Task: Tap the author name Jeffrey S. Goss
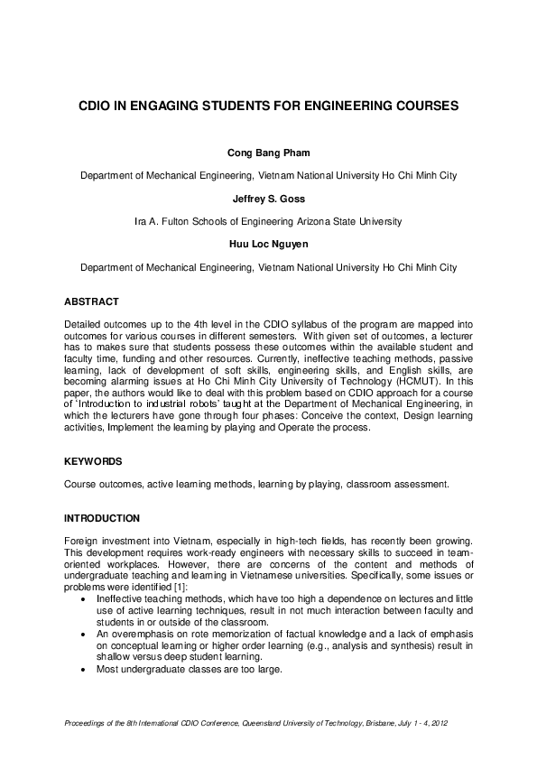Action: [268, 199]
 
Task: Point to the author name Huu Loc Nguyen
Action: [268, 244]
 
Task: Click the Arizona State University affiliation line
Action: [268, 221]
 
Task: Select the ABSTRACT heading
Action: [92, 301]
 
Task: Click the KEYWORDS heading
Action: [94, 461]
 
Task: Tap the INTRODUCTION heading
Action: [102, 518]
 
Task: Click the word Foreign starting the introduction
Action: [82, 541]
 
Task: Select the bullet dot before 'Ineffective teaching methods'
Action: [84, 598]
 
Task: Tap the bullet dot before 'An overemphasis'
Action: [84, 634]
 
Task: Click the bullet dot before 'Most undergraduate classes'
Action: [84, 669]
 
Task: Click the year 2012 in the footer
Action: [439, 725]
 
